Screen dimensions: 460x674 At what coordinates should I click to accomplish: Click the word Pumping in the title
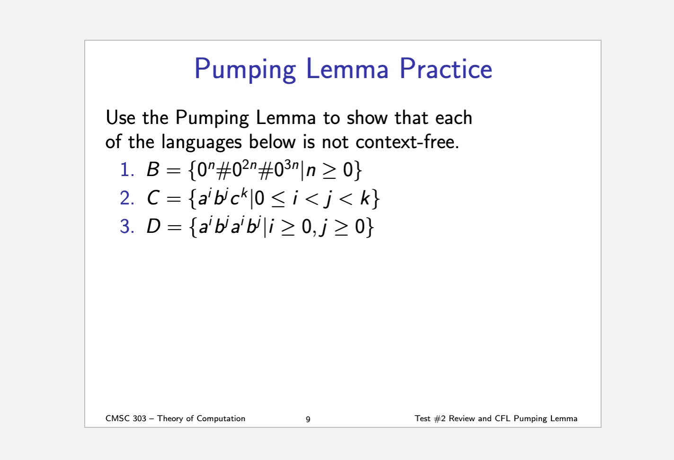click(245, 70)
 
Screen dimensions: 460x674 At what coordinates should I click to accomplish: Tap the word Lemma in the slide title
click(347, 69)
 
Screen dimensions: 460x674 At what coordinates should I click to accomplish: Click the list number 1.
click(127, 169)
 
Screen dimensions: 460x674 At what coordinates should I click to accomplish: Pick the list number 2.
click(127, 198)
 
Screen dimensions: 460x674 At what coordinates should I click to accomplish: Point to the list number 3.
click(127, 226)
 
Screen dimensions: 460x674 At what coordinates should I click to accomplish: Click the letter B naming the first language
click(153, 169)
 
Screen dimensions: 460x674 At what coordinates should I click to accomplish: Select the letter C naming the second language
click(153, 198)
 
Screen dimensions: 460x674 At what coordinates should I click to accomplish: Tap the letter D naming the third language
click(153, 226)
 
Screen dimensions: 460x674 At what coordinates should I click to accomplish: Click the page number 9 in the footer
click(308, 419)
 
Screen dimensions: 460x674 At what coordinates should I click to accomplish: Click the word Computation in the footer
click(221, 418)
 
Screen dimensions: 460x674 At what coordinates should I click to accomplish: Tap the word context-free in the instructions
click(407, 142)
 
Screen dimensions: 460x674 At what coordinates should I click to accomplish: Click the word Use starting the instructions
click(120, 117)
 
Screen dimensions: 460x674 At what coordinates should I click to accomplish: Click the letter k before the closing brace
click(365, 198)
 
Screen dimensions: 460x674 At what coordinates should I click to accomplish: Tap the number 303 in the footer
click(140, 418)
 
